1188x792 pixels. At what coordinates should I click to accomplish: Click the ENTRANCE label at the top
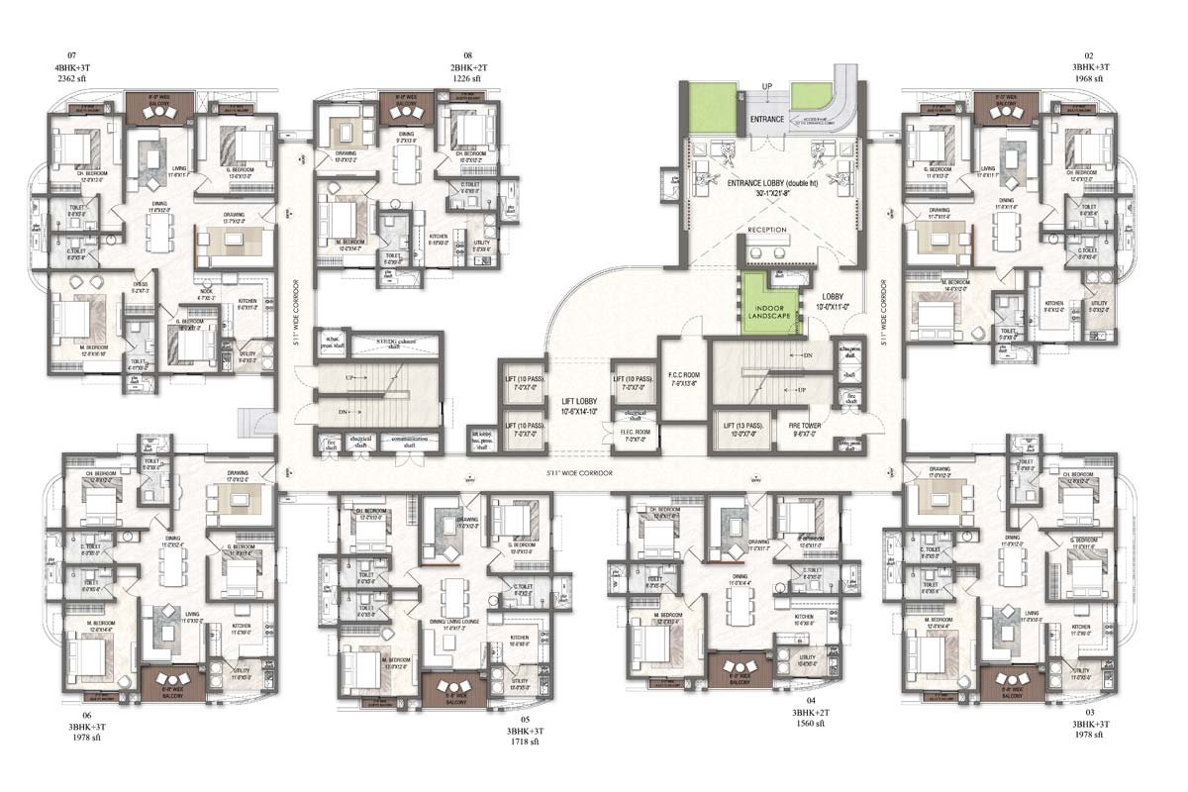tap(766, 120)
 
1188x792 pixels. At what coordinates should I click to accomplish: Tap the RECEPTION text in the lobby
tap(766, 229)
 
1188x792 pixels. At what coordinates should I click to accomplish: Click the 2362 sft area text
tap(71, 76)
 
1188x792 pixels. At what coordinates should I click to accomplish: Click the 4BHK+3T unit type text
tap(71, 65)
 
